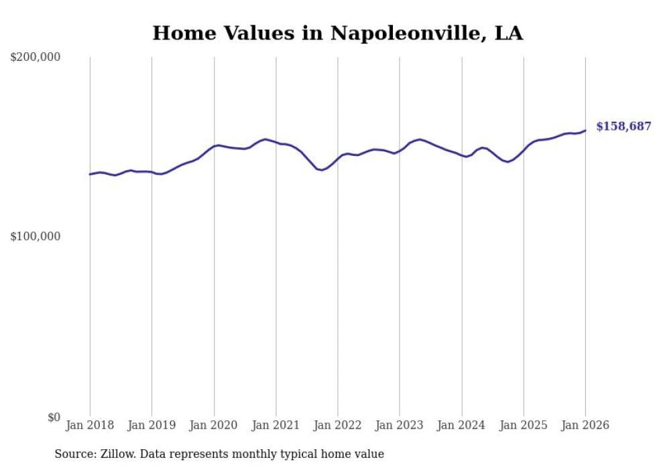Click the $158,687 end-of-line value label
click(x=623, y=127)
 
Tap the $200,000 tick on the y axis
click(x=36, y=58)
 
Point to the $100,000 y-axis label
click(x=36, y=237)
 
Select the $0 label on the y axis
click(x=54, y=417)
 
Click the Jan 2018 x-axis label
click(x=90, y=426)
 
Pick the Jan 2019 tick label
click(x=152, y=426)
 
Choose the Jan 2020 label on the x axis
click(x=214, y=426)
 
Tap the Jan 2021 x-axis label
click(x=276, y=426)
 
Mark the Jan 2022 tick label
click(x=338, y=426)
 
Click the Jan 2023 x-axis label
click(x=400, y=426)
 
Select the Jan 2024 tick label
click(x=462, y=426)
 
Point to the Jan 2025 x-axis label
click(x=524, y=426)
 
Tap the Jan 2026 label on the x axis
click(x=585, y=426)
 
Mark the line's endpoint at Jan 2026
click(x=585, y=131)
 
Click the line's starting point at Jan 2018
click(x=90, y=174)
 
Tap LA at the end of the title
click(x=508, y=33)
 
